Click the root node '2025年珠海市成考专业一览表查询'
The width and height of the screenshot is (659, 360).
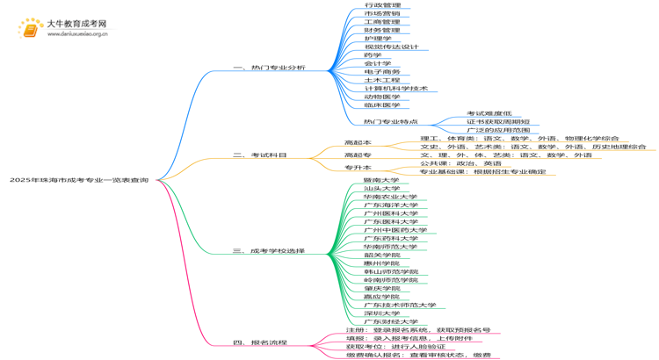79,180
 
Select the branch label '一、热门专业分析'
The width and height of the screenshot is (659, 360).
270,68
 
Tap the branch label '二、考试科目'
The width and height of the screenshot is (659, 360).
260,155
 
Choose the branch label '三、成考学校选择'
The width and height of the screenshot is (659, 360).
270,251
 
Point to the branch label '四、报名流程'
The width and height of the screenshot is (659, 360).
260,342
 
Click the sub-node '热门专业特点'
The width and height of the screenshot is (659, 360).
391,122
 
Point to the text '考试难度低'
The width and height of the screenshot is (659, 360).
489,113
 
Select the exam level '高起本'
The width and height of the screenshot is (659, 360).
358,142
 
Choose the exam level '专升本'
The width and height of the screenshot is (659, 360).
358,168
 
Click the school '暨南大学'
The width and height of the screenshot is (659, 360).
380,180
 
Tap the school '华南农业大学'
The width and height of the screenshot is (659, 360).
390,197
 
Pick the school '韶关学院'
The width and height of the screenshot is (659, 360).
380,255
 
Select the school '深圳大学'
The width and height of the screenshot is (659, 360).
380,313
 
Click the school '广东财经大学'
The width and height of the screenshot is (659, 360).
390,321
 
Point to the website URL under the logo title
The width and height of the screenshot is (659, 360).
78,35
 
